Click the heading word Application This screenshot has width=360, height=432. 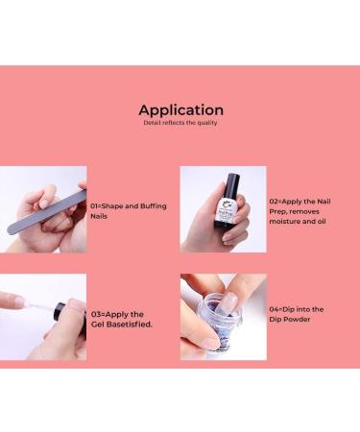click(x=180, y=109)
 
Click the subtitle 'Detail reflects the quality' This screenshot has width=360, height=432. click(x=180, y=124)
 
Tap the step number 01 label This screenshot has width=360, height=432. click(x=95, y=205)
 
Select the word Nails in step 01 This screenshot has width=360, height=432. click(x=101, y=217)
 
